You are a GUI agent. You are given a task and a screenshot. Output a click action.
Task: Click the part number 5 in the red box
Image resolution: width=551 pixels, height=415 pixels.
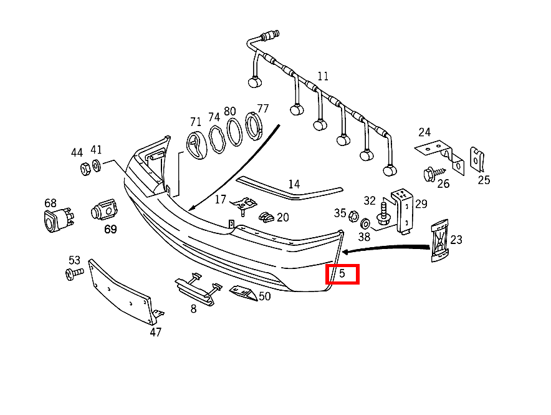click(342, 273)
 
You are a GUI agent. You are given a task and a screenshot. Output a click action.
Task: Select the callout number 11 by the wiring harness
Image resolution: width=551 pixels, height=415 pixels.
click(322, 77)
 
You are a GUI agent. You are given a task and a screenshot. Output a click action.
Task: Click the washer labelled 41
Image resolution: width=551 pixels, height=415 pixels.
click(97, 165)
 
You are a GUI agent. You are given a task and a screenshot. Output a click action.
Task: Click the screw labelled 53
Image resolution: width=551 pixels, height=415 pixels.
click(74, 273)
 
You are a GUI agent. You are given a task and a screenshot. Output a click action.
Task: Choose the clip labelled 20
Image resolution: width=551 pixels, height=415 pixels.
click(266, 217)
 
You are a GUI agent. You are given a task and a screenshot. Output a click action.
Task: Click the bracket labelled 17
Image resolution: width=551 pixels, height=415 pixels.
click(245, 203)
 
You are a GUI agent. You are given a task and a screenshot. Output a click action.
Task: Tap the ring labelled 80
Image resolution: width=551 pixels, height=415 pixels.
click(234, 132)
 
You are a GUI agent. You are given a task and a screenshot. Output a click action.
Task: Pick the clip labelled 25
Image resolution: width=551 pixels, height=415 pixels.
click(477, 159)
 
